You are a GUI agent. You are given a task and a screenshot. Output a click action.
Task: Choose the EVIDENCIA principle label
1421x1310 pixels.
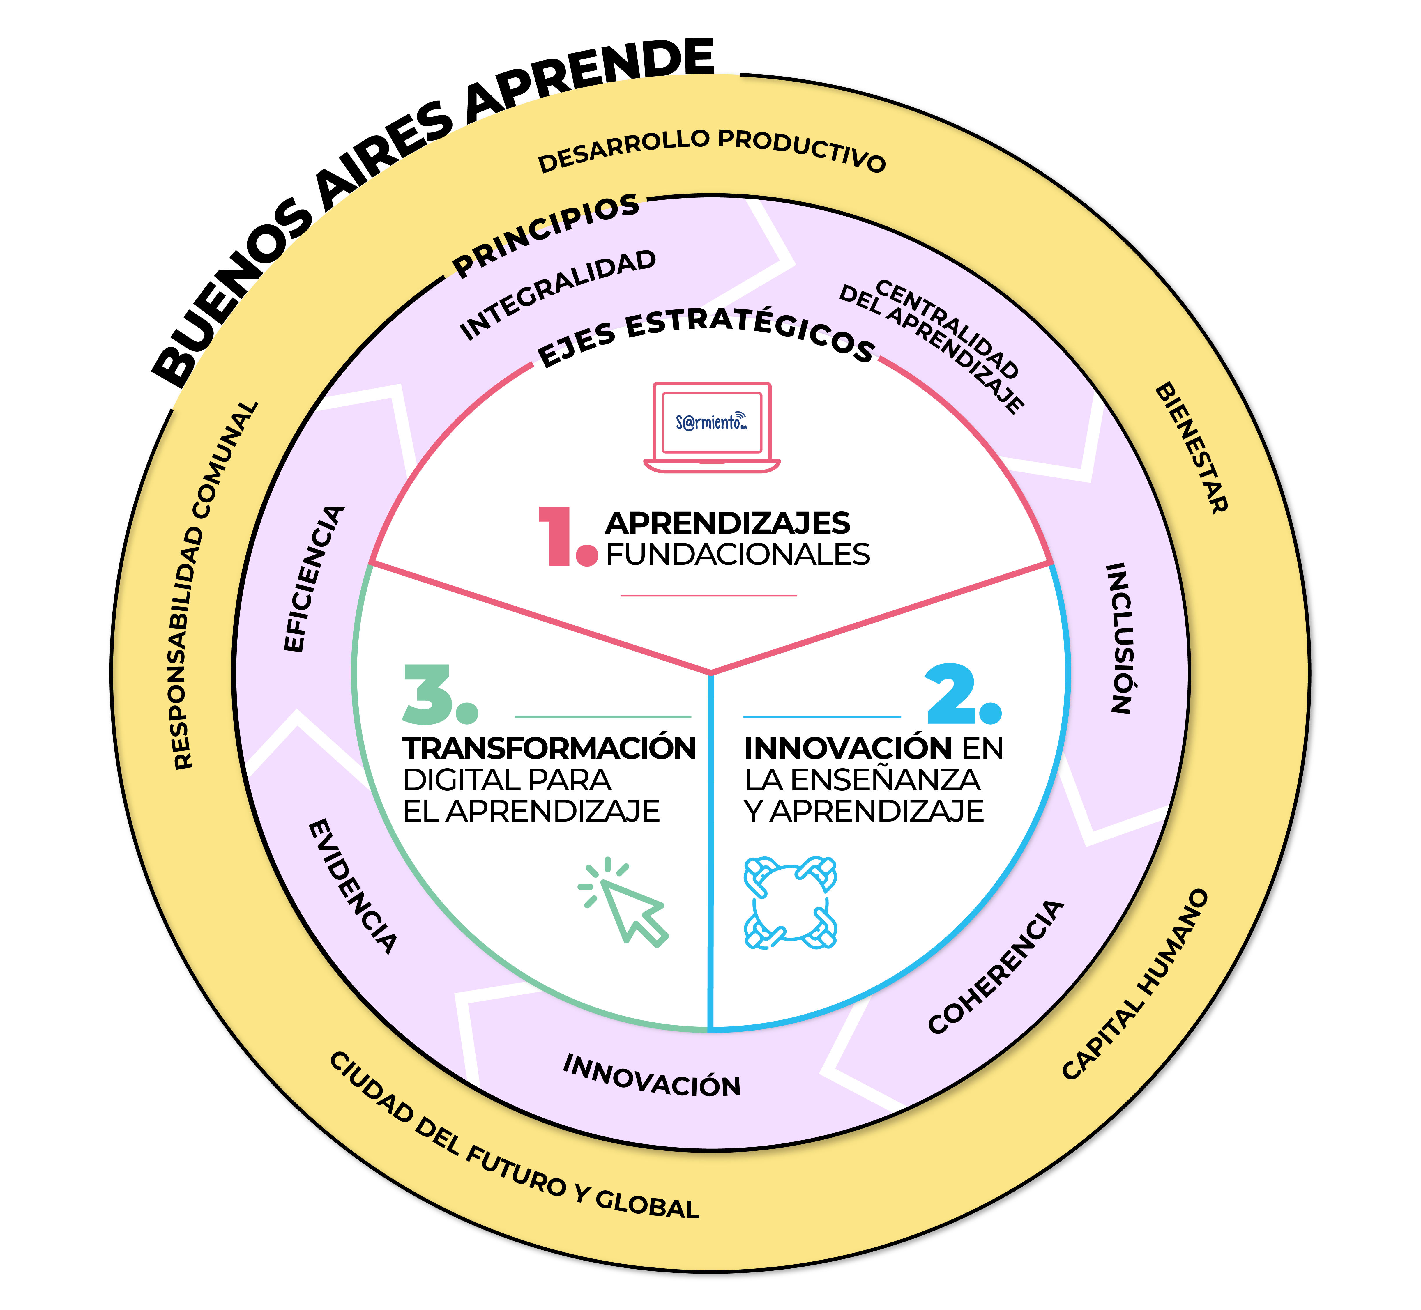pos(352,886)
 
